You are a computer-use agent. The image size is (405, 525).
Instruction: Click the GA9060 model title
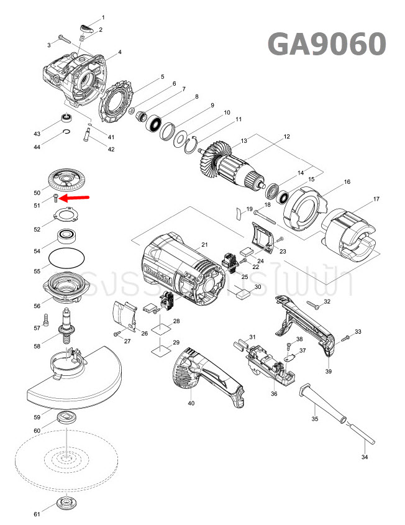coord(327,44)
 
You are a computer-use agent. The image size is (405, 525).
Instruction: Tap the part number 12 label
coord(286,136)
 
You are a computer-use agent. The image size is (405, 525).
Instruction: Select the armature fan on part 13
coord(214,159)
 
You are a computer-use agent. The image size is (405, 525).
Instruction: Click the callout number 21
coord(204,245)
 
